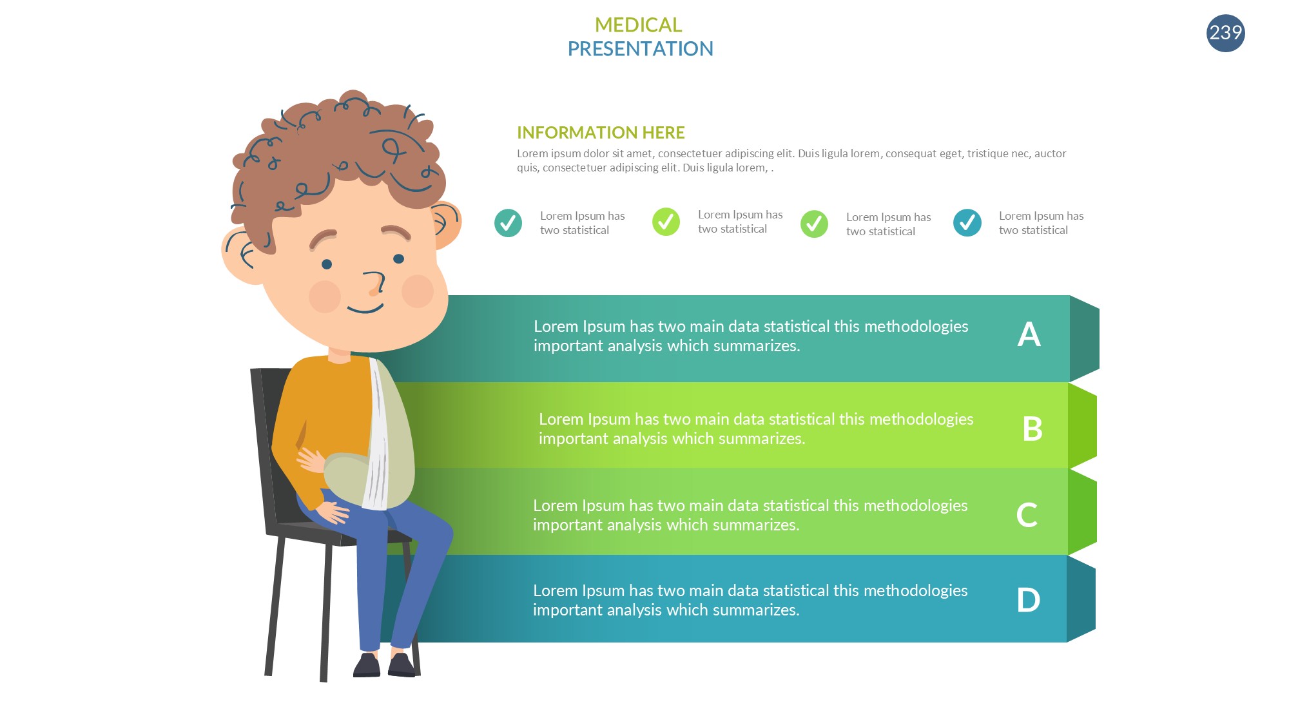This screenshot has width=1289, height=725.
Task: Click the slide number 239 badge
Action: tap(1225, 33)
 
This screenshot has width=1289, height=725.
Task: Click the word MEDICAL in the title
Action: tap(638, 25)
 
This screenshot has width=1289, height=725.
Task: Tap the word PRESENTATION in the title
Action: tap(640, 49)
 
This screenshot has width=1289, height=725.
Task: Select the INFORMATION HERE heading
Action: tap(601, 133)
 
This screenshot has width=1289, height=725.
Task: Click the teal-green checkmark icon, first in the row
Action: tap(508, 223)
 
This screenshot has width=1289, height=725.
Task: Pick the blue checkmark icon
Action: tap(967, 223)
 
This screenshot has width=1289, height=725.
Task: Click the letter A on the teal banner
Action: tap(1029, 334)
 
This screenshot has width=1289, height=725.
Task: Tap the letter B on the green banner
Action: tap(1032, 429)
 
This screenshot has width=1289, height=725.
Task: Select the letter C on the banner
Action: tap(1027, 515)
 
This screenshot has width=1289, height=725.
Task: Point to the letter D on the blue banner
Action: tap(1028, 600)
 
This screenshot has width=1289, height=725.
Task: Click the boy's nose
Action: tap(374, 284)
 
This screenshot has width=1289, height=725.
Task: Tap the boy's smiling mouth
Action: tap(365, 309)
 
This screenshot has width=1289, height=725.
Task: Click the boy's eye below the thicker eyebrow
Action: tap(327, 264)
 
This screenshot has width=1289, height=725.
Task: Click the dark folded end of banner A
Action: tap(1085, 338)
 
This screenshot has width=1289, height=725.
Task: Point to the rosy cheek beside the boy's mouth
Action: tap(325, 296)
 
